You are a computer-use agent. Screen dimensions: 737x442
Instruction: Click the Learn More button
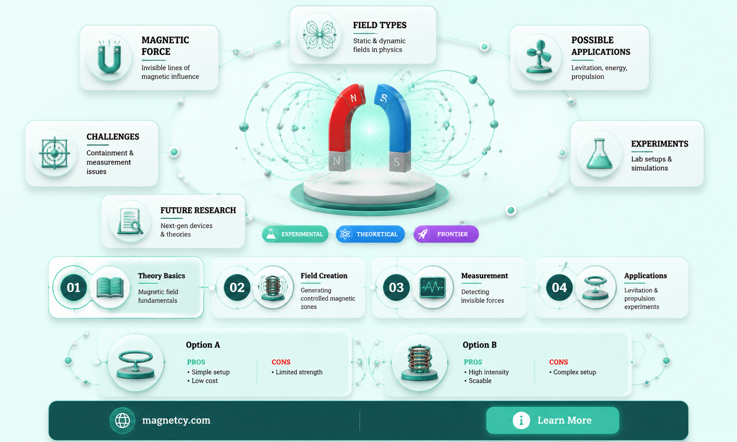click(553, 420)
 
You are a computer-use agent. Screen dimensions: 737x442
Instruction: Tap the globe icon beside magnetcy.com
click(122, 420)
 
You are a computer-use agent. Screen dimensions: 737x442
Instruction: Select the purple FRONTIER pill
click(446, 234)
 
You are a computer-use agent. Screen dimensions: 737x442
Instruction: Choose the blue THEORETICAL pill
click(370, 234)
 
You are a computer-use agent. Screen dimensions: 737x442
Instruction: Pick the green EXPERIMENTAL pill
click(295, 234)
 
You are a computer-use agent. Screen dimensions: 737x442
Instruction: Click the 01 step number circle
click(73, 288)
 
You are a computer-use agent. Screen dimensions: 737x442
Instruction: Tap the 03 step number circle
click(396, 288)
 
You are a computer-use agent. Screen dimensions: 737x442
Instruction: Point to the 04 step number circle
click(559, 288)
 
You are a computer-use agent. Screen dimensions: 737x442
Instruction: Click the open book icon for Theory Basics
click(110, 288)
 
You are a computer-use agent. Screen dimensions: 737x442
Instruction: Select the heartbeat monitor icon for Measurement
click(432, 288)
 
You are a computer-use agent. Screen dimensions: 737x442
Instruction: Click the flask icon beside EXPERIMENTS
click(599, 153)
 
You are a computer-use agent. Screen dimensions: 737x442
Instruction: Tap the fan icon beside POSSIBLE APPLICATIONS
click(539, 56)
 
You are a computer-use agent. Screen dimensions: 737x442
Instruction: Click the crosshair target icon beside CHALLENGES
click(54, 153)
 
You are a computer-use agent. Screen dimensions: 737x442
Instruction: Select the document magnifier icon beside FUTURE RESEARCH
click(130, 222)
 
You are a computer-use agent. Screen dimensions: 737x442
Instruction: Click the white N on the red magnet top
click(353, 98)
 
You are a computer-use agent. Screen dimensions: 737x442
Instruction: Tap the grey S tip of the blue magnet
click(399, 162)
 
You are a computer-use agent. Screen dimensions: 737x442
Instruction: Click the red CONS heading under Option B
click(559, 362)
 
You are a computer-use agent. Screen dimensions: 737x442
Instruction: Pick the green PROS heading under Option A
click(196, 362)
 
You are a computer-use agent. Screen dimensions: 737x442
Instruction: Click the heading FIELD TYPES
click(380, 25)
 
